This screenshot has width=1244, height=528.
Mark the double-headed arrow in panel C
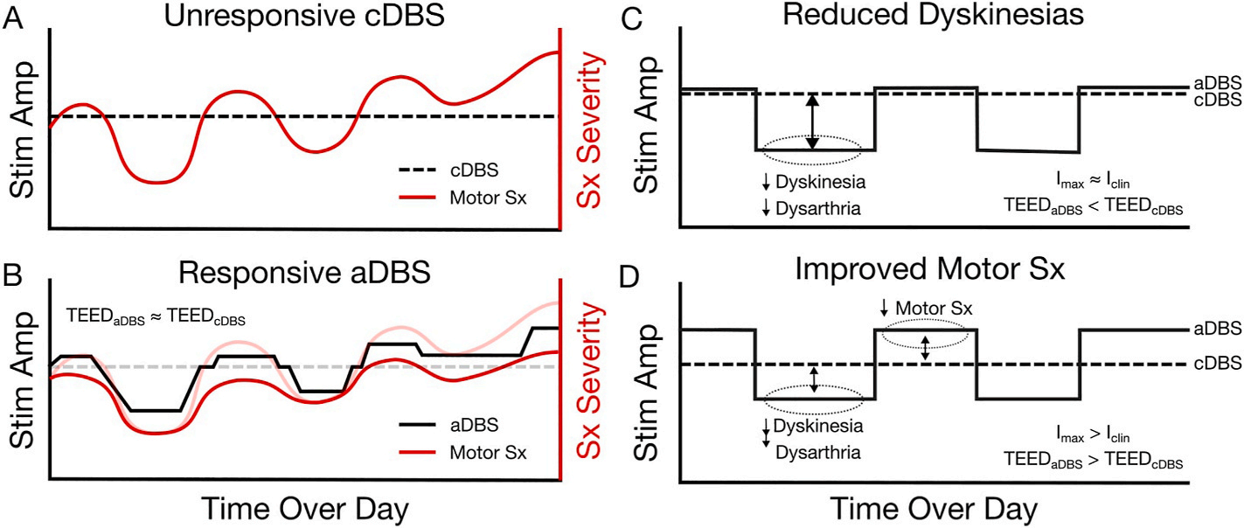click(x=813, y=122)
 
